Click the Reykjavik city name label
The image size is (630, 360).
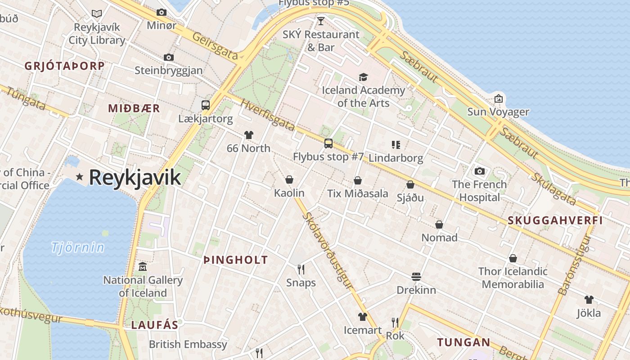tap(135, 177)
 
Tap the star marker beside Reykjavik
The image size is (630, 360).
tap(80, 177)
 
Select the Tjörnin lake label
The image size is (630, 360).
tap(77, 247)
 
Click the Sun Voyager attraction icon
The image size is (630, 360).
tap(498, 99)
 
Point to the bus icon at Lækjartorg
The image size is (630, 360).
tap(206, 105)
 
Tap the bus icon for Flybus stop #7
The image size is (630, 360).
tap(328, 144)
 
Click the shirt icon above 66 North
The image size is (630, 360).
tap(248, 135)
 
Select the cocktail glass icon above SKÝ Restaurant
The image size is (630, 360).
tap(320, 21)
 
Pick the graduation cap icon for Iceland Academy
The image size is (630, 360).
tap(363, 77)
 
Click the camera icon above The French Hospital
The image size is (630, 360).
tap(479, 171)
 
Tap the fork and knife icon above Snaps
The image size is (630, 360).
tap(301, 269)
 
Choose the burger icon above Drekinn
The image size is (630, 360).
tap(416, 276)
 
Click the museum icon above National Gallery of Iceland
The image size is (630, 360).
tap(143, 266)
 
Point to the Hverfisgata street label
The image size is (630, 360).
tap(267, 115)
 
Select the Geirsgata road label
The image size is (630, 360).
tap(215, 46)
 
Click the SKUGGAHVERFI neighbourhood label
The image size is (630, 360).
tap(555, 220)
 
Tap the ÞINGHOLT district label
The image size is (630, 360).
tap(235, 260)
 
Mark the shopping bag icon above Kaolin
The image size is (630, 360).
tap(289, 180)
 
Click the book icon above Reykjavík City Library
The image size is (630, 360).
tap(97, 13)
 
